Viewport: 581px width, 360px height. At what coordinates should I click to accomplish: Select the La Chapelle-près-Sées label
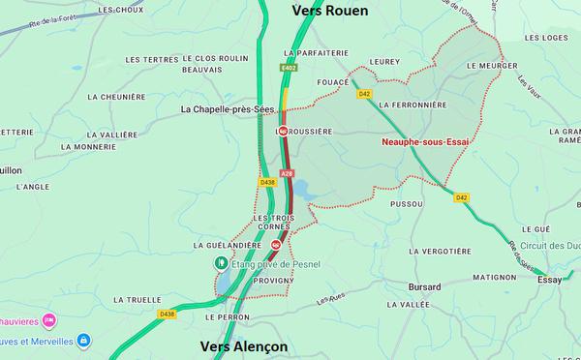point(229,109)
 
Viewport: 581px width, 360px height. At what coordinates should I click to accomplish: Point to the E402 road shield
point(290,69)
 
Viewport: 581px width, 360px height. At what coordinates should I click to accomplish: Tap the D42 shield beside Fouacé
point(364,94)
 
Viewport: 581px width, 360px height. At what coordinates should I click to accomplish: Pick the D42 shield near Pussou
point(462,197)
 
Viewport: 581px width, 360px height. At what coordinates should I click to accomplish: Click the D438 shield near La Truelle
point(168,314)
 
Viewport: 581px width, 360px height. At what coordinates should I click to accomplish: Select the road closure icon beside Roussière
point(283,130)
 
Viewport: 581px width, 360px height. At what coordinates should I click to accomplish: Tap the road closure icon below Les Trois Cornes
point(261,244)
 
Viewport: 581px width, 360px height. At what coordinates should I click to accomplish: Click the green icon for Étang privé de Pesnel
point(221,262)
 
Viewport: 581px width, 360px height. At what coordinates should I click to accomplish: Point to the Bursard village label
point(424,287)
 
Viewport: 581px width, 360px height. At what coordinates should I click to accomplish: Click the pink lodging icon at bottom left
point(48,319)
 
